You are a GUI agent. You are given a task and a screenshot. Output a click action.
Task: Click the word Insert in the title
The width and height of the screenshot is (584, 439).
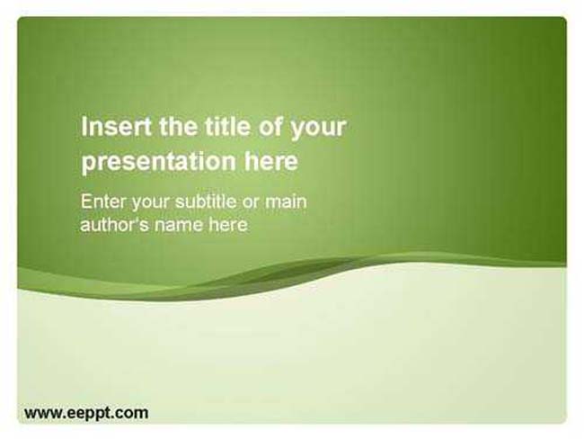116,126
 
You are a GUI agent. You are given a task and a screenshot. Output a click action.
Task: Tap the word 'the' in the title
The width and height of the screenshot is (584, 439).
179,126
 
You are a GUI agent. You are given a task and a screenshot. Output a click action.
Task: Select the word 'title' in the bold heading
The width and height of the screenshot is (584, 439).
227,126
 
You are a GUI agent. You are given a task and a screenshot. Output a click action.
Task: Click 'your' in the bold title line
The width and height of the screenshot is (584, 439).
319,129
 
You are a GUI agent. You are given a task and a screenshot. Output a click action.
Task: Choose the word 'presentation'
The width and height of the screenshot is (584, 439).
159,162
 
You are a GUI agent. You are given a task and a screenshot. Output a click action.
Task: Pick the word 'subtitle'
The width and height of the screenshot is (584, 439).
206,202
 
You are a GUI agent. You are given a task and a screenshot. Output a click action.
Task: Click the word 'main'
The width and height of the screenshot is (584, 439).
286,202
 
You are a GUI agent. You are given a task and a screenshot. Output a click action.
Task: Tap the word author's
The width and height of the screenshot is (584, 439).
115,225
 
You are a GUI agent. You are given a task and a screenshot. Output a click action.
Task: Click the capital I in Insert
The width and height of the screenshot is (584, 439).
84,126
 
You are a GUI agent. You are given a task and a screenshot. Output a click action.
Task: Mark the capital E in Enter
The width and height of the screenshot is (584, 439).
86,202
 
